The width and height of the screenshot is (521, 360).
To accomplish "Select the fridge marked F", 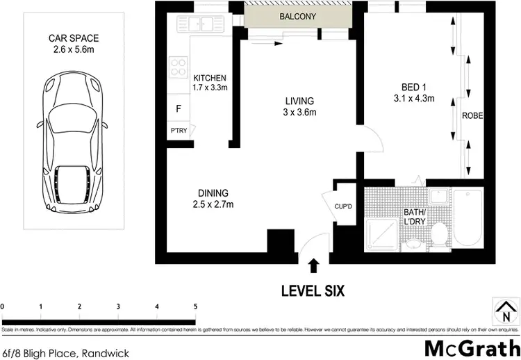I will (179, 109).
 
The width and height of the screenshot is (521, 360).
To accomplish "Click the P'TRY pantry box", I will (178, 130).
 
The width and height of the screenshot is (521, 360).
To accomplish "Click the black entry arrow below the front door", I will (314, 265).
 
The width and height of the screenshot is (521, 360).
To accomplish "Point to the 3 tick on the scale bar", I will (118, 306).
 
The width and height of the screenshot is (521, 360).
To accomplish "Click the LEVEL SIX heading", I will (314, 291).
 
